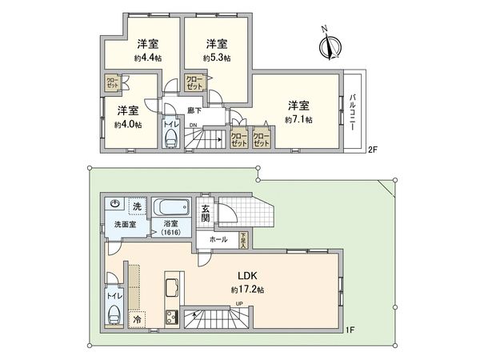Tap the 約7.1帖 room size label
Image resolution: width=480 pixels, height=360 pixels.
[298, 119]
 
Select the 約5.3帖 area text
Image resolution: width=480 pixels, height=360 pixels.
[216, 58]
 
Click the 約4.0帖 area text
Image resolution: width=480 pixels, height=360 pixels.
[127, 124]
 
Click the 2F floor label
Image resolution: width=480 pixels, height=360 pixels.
[372, 150]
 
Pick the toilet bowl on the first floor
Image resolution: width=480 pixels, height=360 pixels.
[113, 310]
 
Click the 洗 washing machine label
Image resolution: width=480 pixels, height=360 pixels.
[137, 206]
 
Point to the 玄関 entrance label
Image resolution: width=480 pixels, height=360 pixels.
[205, 212]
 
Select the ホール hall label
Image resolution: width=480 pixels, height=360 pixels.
[218, 239]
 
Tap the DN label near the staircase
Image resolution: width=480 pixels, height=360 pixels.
[193, 125]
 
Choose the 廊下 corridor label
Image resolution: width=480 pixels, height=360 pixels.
[194, 110]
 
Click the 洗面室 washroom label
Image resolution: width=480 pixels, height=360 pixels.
[123, 225]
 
